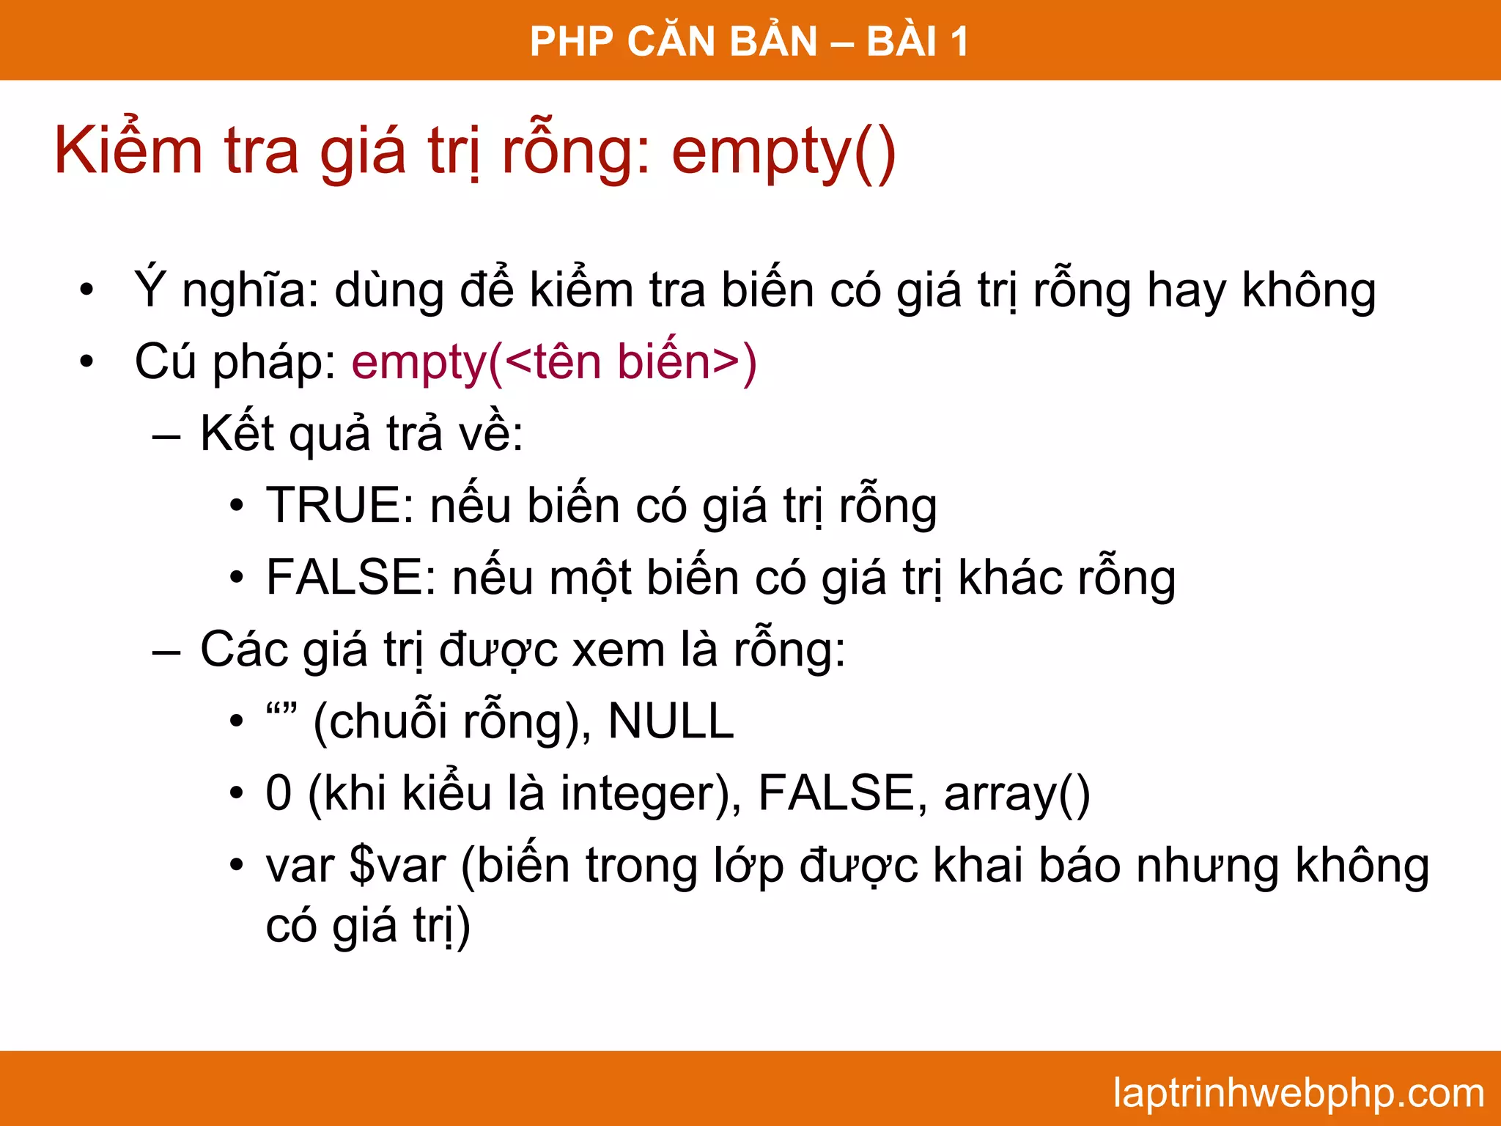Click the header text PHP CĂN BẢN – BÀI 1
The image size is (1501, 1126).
[x=749, y=41]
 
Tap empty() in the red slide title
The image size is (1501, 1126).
[x=783, y=152]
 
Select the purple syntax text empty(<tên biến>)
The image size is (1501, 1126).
[x=553, y=362]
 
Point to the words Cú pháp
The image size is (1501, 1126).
[x=235, y=362]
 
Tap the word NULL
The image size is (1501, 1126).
[x=671, y=721]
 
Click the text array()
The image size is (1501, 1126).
[x=1017, y=794]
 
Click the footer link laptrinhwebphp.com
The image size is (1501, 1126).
[x=1298, y=1093]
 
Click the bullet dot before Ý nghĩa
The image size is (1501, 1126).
[x=87, y=290]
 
